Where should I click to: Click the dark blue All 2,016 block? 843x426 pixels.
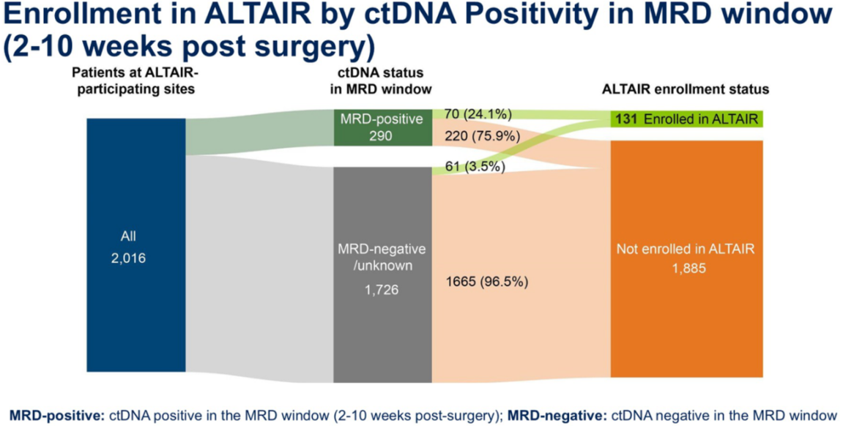(135, 245)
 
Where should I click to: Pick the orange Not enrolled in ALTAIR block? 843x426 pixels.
(686, 258)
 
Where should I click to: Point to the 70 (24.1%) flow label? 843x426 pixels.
(478, 113)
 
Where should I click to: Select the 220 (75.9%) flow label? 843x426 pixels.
(481, 135)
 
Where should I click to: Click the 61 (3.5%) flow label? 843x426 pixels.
(475, 166)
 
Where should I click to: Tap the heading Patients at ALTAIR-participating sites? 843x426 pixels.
(135, 81)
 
